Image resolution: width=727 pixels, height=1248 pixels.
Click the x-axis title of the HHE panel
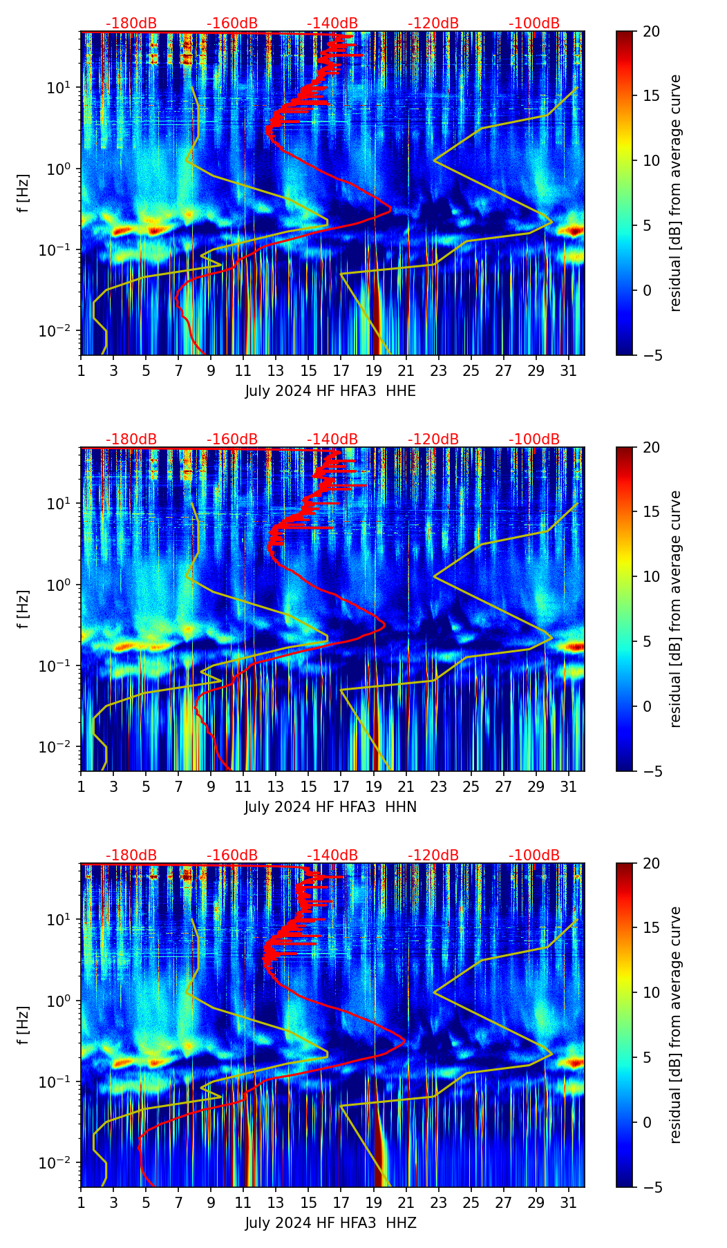(x=330, y=391)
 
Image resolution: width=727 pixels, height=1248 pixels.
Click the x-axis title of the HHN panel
(x=330, y=807)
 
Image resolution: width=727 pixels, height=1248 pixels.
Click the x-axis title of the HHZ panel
(x=330, y=1223)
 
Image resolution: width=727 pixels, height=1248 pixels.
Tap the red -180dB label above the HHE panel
(x=131, y=23)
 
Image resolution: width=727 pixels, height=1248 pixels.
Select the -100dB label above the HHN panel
(x=534, y=439)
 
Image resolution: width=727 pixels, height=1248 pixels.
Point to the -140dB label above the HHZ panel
(x=332, y=855)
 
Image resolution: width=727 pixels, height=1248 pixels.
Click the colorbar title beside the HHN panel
(x=676, y=609)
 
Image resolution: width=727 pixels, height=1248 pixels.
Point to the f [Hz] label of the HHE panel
(x=23, y=193)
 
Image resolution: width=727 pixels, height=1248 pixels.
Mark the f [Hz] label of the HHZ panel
(x=23, y=1025)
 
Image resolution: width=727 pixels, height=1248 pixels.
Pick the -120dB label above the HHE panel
(x=433, y=23)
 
